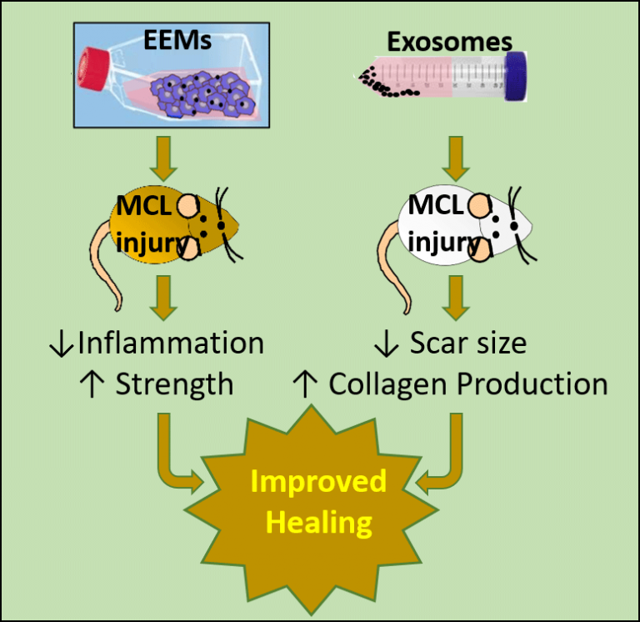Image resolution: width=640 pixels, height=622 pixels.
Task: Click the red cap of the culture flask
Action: click(x=94, y=66)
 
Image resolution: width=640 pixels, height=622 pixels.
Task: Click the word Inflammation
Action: click(x=171, y=343)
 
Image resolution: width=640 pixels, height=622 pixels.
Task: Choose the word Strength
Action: click(x=174, y=384)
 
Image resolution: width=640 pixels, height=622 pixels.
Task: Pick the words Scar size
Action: click(x=462, y=343)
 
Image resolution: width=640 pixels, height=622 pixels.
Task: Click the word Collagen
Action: click(x=389, y=384)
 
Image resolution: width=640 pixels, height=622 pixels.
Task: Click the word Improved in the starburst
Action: click(x=319, y=481)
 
